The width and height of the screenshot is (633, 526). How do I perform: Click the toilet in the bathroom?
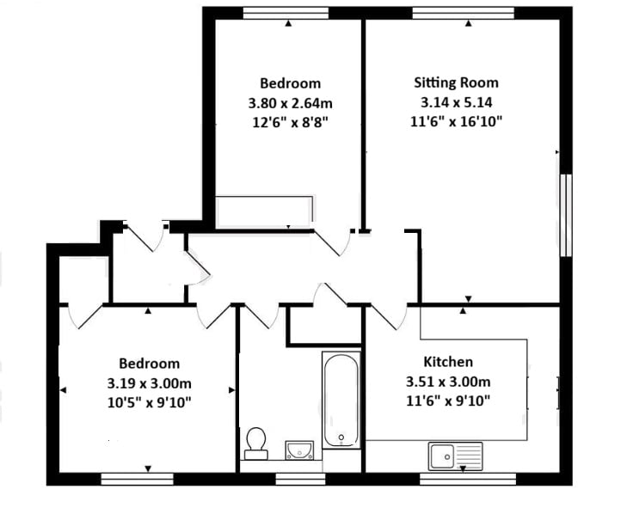point(255,442)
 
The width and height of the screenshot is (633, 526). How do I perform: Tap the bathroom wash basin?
point(298,449)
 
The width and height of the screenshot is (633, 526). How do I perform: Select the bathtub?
point(342,401)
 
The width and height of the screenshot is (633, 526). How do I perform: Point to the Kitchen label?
point(447,362)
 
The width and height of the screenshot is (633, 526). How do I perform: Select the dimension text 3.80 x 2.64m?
point(290,103)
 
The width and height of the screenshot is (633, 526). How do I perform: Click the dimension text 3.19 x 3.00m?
point(149,382)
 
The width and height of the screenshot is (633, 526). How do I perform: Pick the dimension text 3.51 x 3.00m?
point(447,382)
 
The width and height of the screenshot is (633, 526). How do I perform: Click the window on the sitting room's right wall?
point(566,215)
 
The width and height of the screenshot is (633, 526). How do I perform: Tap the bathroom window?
point(299,479)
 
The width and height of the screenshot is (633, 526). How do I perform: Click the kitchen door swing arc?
point(388,318)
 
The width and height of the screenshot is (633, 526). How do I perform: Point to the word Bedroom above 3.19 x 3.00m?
point(149,364)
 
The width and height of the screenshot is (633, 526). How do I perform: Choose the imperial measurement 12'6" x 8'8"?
point(290,122)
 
